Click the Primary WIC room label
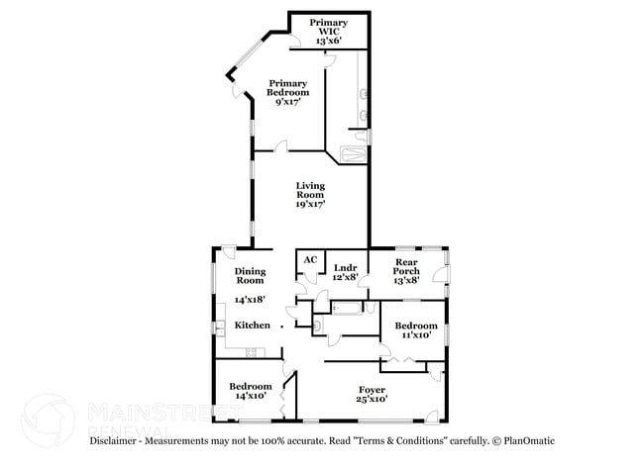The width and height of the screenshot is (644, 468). point(328,22)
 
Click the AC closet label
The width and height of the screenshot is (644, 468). point(310,260)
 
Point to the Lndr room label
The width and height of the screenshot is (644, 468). point(345,267)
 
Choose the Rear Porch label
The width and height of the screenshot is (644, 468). point(407,267)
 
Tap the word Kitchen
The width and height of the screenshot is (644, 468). point(252,326)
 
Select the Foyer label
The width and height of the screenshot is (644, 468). point(372,390)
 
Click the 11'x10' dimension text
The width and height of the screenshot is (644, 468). point(415,335)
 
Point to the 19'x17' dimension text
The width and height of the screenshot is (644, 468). point(310,204)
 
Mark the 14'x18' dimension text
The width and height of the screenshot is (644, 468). point(251,299)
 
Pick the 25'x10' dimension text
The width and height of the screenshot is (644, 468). point(372,400)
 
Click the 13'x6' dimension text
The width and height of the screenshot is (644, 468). point(328,42)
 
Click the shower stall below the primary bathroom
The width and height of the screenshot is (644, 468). point(352,153)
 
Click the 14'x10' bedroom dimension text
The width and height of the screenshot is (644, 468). point(251,396)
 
